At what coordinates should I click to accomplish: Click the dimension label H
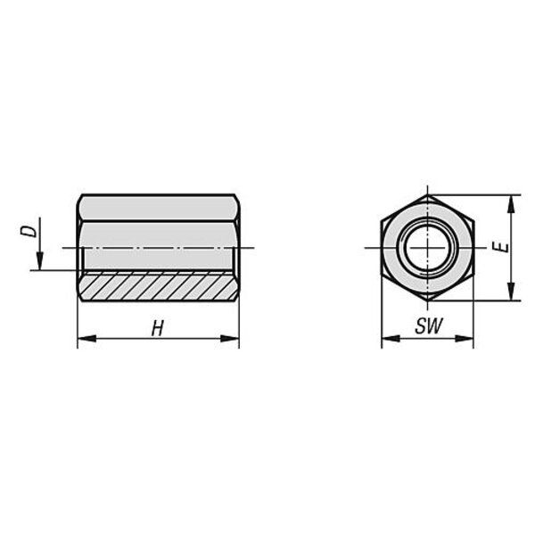click(157, 328)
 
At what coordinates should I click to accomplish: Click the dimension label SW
click(429, 325)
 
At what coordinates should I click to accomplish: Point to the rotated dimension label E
click(501, 247)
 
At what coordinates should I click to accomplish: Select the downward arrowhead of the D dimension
click(40, 260)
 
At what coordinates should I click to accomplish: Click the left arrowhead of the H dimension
click(87, 339)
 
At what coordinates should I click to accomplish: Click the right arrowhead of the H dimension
click(230, 339)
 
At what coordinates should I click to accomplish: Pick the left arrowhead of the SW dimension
click(391, 339)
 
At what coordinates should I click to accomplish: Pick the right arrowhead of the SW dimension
click(464, 339)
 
